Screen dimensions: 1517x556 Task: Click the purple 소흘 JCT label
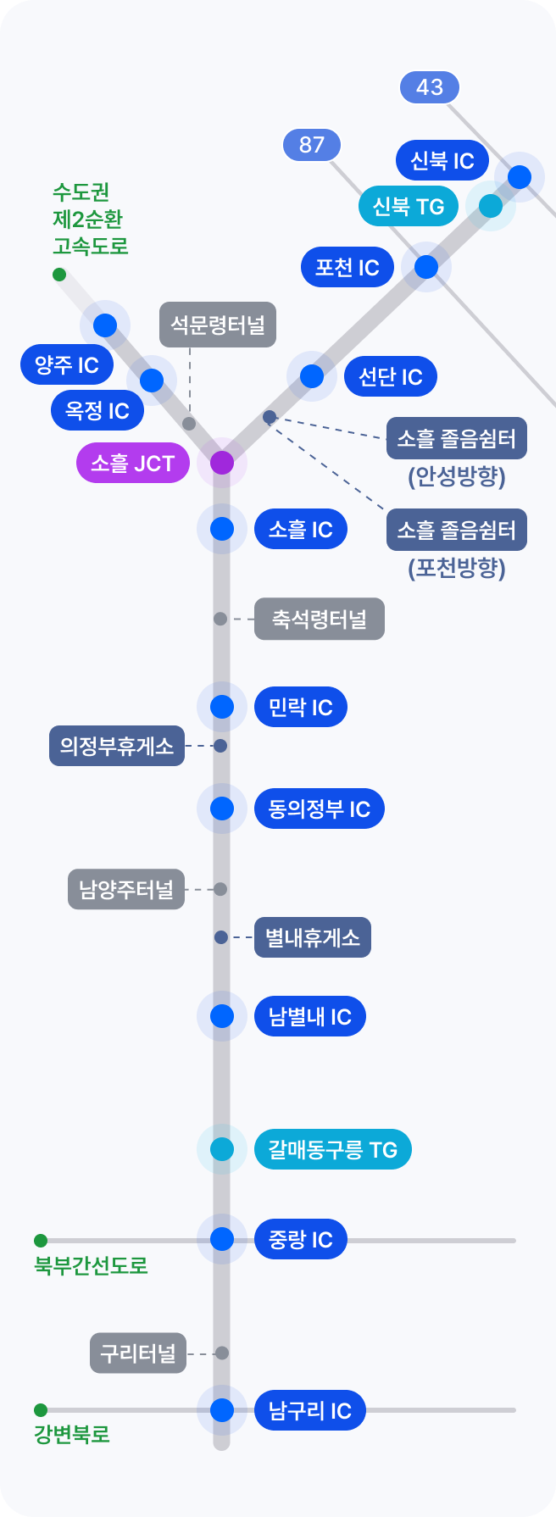click(132, 464)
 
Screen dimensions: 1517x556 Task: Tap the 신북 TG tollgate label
click(408, 206)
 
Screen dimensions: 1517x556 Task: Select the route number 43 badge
click(430, 87)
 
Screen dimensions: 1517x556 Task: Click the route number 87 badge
click(311, 145)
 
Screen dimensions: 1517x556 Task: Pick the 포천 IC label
click(347, 268)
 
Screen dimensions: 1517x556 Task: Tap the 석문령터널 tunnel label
click(218, 325)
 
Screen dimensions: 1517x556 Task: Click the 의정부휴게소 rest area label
click(117, 746)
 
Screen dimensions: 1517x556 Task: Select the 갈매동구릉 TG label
click(332, 1149)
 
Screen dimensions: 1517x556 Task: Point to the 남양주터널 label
click(126, 890)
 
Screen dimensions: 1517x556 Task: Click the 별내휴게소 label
click(313, 937)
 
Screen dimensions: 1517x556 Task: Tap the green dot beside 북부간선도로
click(41, 1241)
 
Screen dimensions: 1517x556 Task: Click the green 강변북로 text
click(72, 1435)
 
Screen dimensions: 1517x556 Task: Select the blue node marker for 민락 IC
click(222, 707)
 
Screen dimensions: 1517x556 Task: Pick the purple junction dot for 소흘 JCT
click(222, 463)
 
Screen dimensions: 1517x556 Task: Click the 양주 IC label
click(67, 365)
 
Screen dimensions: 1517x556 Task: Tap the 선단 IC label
click(390, 377)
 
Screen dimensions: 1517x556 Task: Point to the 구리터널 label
click(138, 1353)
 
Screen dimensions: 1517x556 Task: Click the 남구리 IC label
click(309, 1411)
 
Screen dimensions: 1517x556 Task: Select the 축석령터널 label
click(320, 620)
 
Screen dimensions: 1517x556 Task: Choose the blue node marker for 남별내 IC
click(222, 1016)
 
